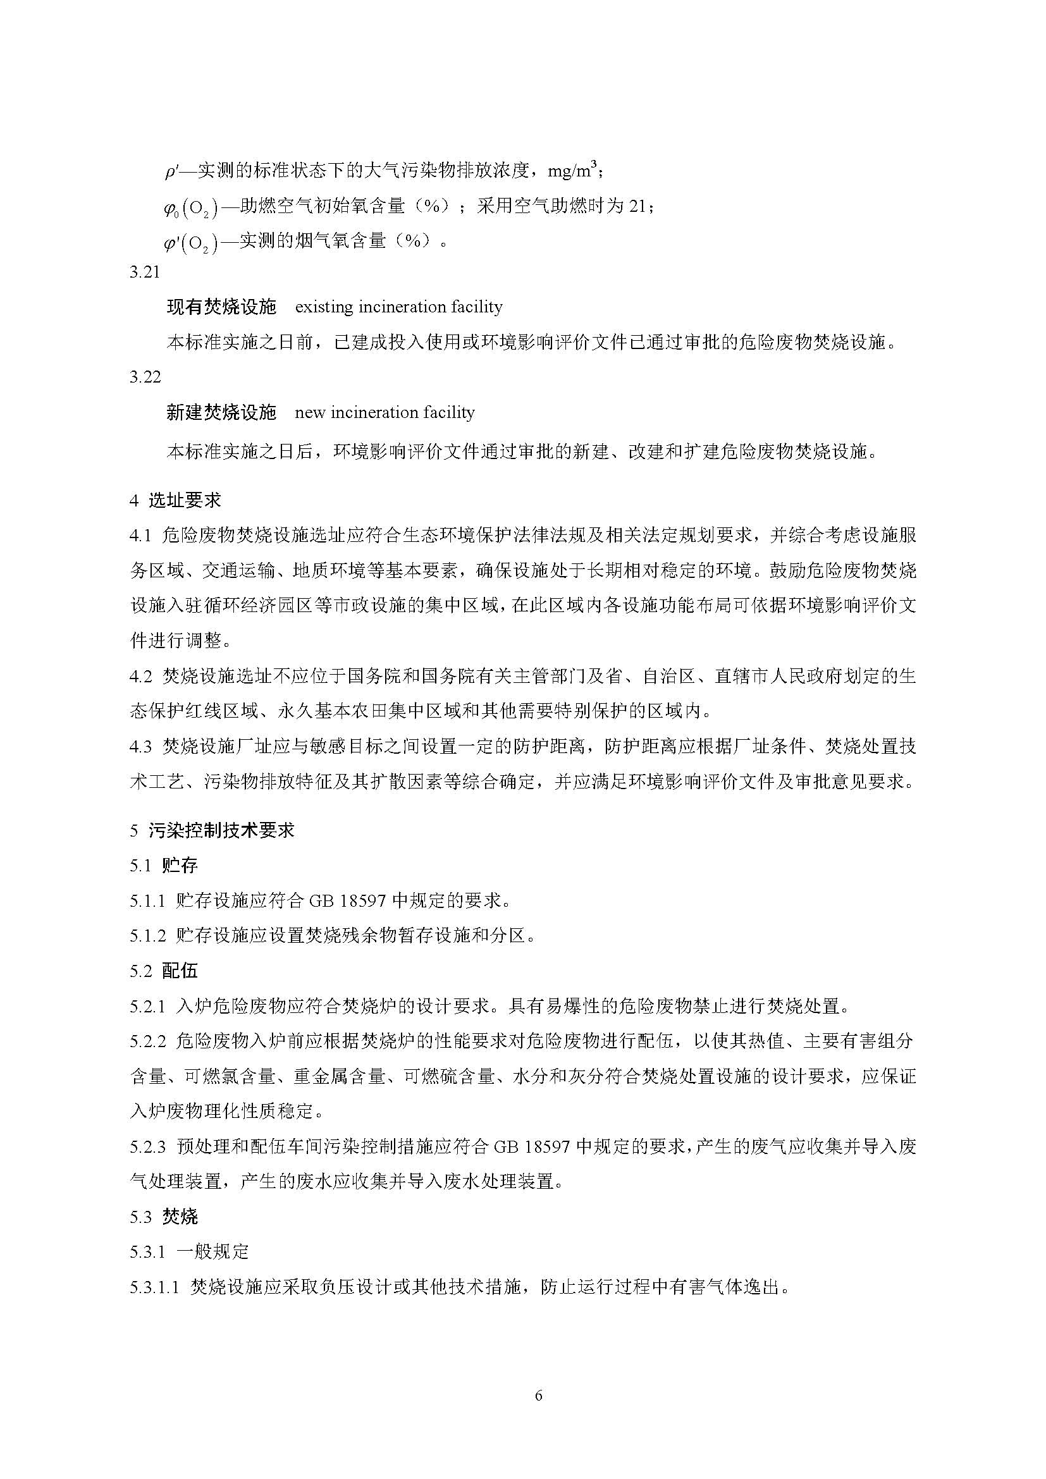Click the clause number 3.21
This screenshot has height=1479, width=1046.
click(144, 272)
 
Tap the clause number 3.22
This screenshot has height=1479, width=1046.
click(144, 377)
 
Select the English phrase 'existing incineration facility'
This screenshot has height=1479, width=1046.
click(398, 307)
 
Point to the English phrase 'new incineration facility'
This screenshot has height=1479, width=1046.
click(385, 412)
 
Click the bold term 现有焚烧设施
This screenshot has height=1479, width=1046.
click(221, 307)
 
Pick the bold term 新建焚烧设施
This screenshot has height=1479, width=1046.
click(221, 412)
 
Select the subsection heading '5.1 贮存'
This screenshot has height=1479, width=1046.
click(164, 865)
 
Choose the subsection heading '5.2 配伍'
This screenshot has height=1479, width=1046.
click(164, 971)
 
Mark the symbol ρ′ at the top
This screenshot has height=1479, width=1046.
click(171, 172)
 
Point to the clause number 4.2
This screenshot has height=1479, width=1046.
click(140, 677)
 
